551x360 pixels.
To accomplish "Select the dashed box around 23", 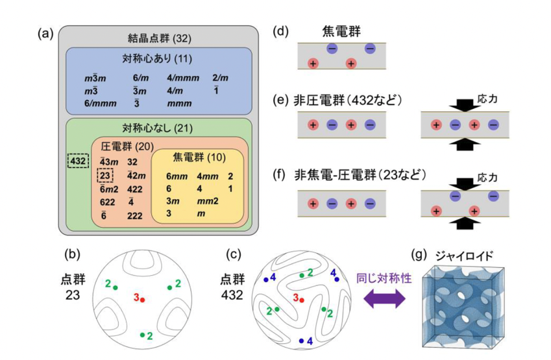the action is tap(105, 175).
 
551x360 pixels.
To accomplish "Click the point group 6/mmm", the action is tap(100, 104).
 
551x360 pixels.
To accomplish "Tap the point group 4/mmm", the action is tap(183, 78).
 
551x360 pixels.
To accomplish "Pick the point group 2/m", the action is tap(220, 78).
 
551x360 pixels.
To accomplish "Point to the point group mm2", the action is tap(208, 201).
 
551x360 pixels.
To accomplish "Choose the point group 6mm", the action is tap(177, 176).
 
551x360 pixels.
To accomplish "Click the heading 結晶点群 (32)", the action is tap(159, 38).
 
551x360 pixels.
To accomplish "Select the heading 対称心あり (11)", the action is tap(157, 58).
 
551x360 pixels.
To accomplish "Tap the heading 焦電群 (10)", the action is tap(199, 158).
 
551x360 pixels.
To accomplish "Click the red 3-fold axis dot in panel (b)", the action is tap(142, 300).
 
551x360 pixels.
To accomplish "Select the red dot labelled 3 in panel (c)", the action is tap(302, 300).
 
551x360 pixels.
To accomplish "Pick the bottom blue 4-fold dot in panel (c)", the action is tap(301, 341).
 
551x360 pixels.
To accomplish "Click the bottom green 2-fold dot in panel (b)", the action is tap(142, 335).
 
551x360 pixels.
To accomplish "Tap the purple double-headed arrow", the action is tap(384, 299).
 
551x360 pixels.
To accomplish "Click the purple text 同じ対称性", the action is tap(384, 278).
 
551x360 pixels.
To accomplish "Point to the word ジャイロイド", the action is tap(464, 256).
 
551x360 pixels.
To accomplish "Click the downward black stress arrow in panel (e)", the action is tap(465, 105).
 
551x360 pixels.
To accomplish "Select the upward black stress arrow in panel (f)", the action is tap(465, 223).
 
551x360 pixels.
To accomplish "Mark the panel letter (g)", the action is tap(419, 255).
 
